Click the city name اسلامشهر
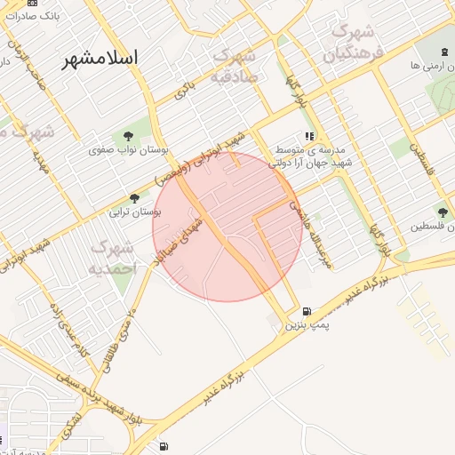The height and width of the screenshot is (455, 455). click(100, 60)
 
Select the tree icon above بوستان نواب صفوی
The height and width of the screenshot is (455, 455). click(129, 136)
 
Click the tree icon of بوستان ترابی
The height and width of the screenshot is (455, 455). click(134, 198)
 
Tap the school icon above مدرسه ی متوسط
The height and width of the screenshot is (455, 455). click(309, 136)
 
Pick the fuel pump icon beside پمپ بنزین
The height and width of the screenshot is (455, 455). click(307, 312)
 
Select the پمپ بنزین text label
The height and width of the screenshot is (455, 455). click(307, 326)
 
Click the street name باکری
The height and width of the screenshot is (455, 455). click(184, 88)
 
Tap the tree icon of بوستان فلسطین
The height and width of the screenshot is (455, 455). click(442, 212)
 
